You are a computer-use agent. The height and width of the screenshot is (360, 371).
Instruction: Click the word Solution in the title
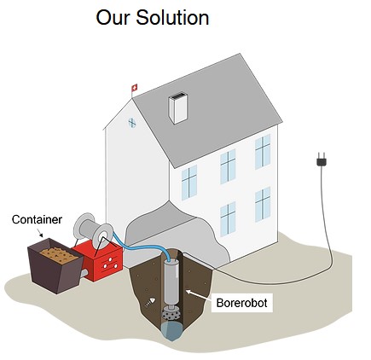(172, 17)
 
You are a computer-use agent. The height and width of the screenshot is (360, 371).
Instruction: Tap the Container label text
(37, 219)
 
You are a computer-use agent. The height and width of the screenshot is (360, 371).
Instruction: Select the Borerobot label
(241, 303)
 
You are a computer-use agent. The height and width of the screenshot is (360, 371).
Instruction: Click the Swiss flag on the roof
(134, 88)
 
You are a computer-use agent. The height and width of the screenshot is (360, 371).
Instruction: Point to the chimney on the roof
(178, 108)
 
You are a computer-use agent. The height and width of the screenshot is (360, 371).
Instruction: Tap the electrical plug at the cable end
(322, 160)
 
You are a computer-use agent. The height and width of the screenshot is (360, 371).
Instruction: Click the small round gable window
(132, 123)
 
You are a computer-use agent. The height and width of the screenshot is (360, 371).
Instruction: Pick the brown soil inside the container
(59, 255)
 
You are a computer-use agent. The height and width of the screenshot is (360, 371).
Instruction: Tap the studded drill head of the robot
(171, 314)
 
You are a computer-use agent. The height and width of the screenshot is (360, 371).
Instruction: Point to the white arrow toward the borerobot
(198, 295)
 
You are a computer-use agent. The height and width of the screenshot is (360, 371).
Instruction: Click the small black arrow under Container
(40, 233)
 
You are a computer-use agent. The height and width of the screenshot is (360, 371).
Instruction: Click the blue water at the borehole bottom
(171, 330)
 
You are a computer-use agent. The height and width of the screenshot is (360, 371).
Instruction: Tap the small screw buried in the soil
(150, 302)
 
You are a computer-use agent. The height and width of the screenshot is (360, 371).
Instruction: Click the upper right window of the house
(263, 151)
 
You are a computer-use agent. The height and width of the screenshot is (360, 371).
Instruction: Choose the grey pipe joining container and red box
(84, 273)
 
